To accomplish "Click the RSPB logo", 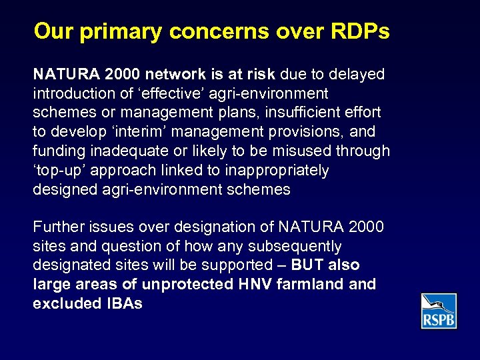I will click(439, 311).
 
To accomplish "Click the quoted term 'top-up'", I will click(61, 171).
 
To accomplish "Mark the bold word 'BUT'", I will click(308, 265).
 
